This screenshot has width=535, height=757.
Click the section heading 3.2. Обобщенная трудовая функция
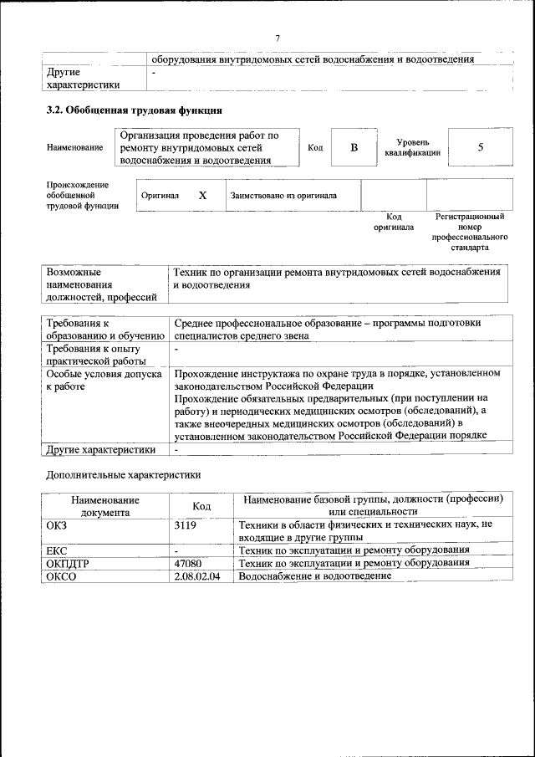click(134, 110)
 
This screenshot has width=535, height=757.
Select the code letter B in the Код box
click(354, 148)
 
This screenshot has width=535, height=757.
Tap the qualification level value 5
click(480, 148)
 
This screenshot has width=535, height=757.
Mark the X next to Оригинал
click(202, 195)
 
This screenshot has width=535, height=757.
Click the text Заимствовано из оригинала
click(283, 196)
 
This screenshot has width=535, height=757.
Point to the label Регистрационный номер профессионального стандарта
click(469, 232)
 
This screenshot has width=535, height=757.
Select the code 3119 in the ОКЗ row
click(186, 524)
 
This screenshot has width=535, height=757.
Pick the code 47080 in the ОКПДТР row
click(188, 563)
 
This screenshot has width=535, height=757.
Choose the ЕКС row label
click(57, 550)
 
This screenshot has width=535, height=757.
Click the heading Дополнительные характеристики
click(122, 474)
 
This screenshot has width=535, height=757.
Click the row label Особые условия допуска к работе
click(103, 381)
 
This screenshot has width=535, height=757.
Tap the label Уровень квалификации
click(408, 148)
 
